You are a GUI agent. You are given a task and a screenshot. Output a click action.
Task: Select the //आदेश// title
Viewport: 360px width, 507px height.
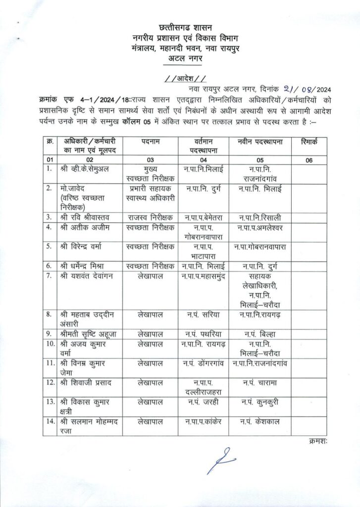click(184, 79)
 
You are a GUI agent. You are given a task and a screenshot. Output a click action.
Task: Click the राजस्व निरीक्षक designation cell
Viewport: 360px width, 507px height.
click(150, 217)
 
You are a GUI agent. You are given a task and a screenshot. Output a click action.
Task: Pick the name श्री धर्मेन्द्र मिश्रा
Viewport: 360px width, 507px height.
click(85, 265)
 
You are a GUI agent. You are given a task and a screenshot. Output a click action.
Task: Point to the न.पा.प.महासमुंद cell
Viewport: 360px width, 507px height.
click(203, 276)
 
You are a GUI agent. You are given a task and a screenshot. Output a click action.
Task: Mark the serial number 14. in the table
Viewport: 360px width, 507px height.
click(49, 421)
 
